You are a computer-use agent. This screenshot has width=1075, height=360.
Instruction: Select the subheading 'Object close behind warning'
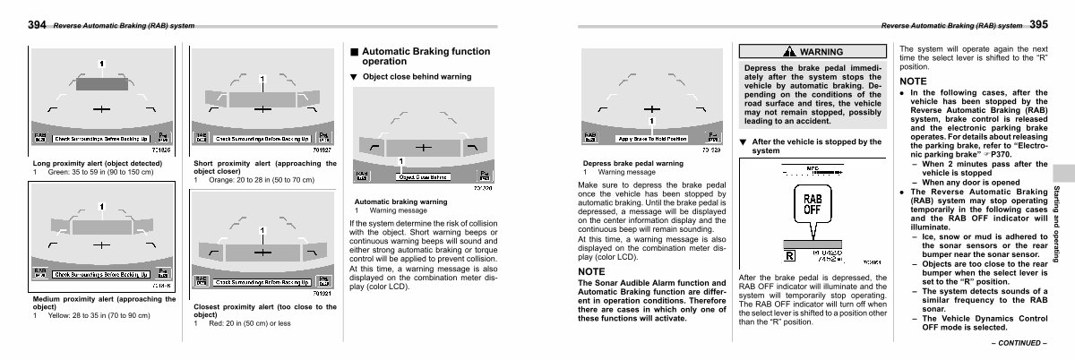pyautogui.click(x=417, y=77)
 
